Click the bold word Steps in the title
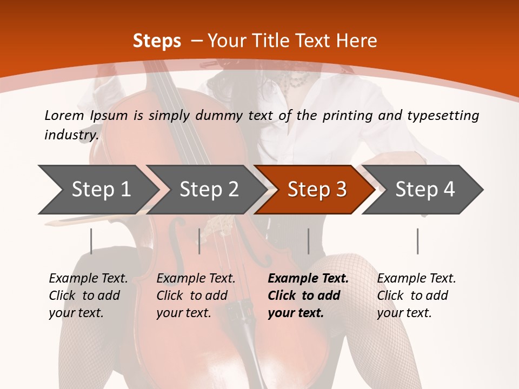tap(157, 41)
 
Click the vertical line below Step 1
tap(91, 241)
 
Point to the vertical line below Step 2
tap(199, 241)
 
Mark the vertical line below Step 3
tap(309, 241)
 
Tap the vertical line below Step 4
tap(418, 241)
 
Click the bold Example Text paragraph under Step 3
tap(308, 296)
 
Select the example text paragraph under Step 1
tap(88, 296)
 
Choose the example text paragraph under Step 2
tap(196, 296)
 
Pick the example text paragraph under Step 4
tap(416, 296)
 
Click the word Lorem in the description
tap(64, 115)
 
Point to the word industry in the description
tap(71, 135)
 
